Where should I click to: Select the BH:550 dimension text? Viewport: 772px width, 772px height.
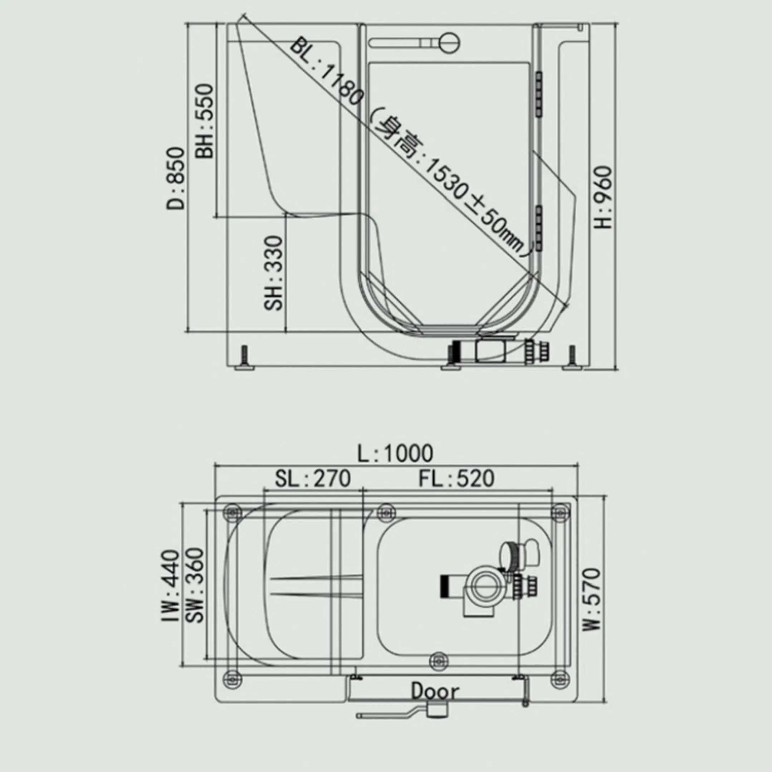point(205,121)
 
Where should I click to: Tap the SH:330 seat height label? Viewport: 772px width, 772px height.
point(274,273)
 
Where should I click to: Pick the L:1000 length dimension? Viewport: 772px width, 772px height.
point(395,453)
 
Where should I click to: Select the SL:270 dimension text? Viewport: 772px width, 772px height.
point(312,478)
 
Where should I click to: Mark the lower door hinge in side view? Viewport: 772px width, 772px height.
point(539,228)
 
